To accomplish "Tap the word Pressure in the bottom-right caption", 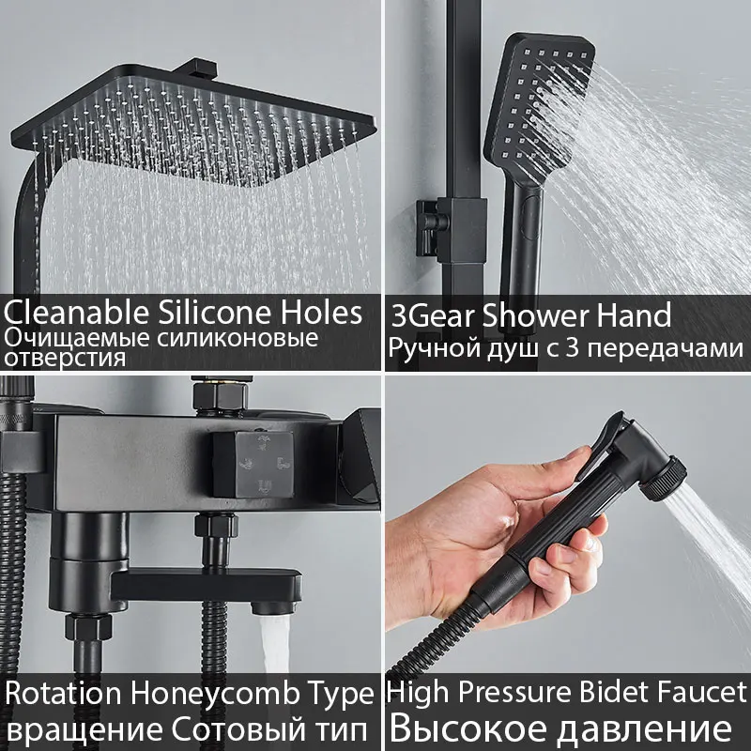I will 506,696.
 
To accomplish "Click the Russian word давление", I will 638,728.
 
